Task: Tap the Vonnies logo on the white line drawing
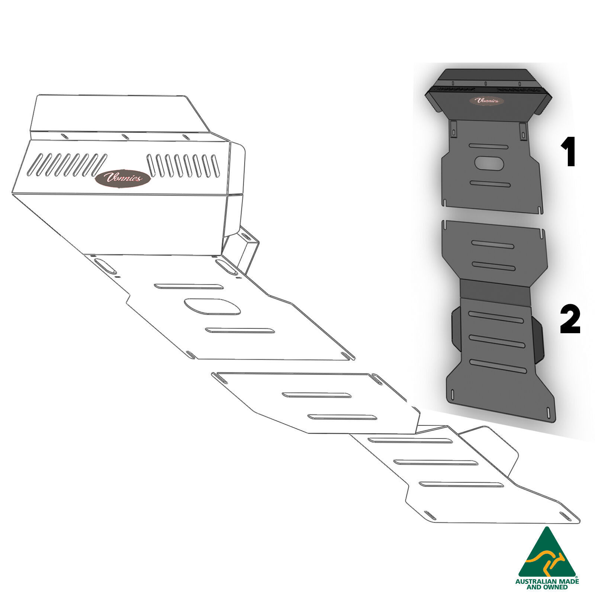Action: (x=123, y=178)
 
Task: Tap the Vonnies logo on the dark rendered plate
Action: (x=486, y=101)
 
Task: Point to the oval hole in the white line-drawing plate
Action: (x=212, y=306)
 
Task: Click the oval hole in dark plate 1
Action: (x=489, y=164)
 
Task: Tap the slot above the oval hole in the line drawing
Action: (x=189, y=286)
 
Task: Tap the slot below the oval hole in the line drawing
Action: (x=240, y=330)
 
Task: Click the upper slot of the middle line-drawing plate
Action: (x=316, y=395)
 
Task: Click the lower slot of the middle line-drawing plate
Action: (x=342, y=417)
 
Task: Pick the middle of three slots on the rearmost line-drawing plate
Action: (x=436, y=463)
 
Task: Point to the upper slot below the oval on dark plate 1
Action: (x=490, y=184)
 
